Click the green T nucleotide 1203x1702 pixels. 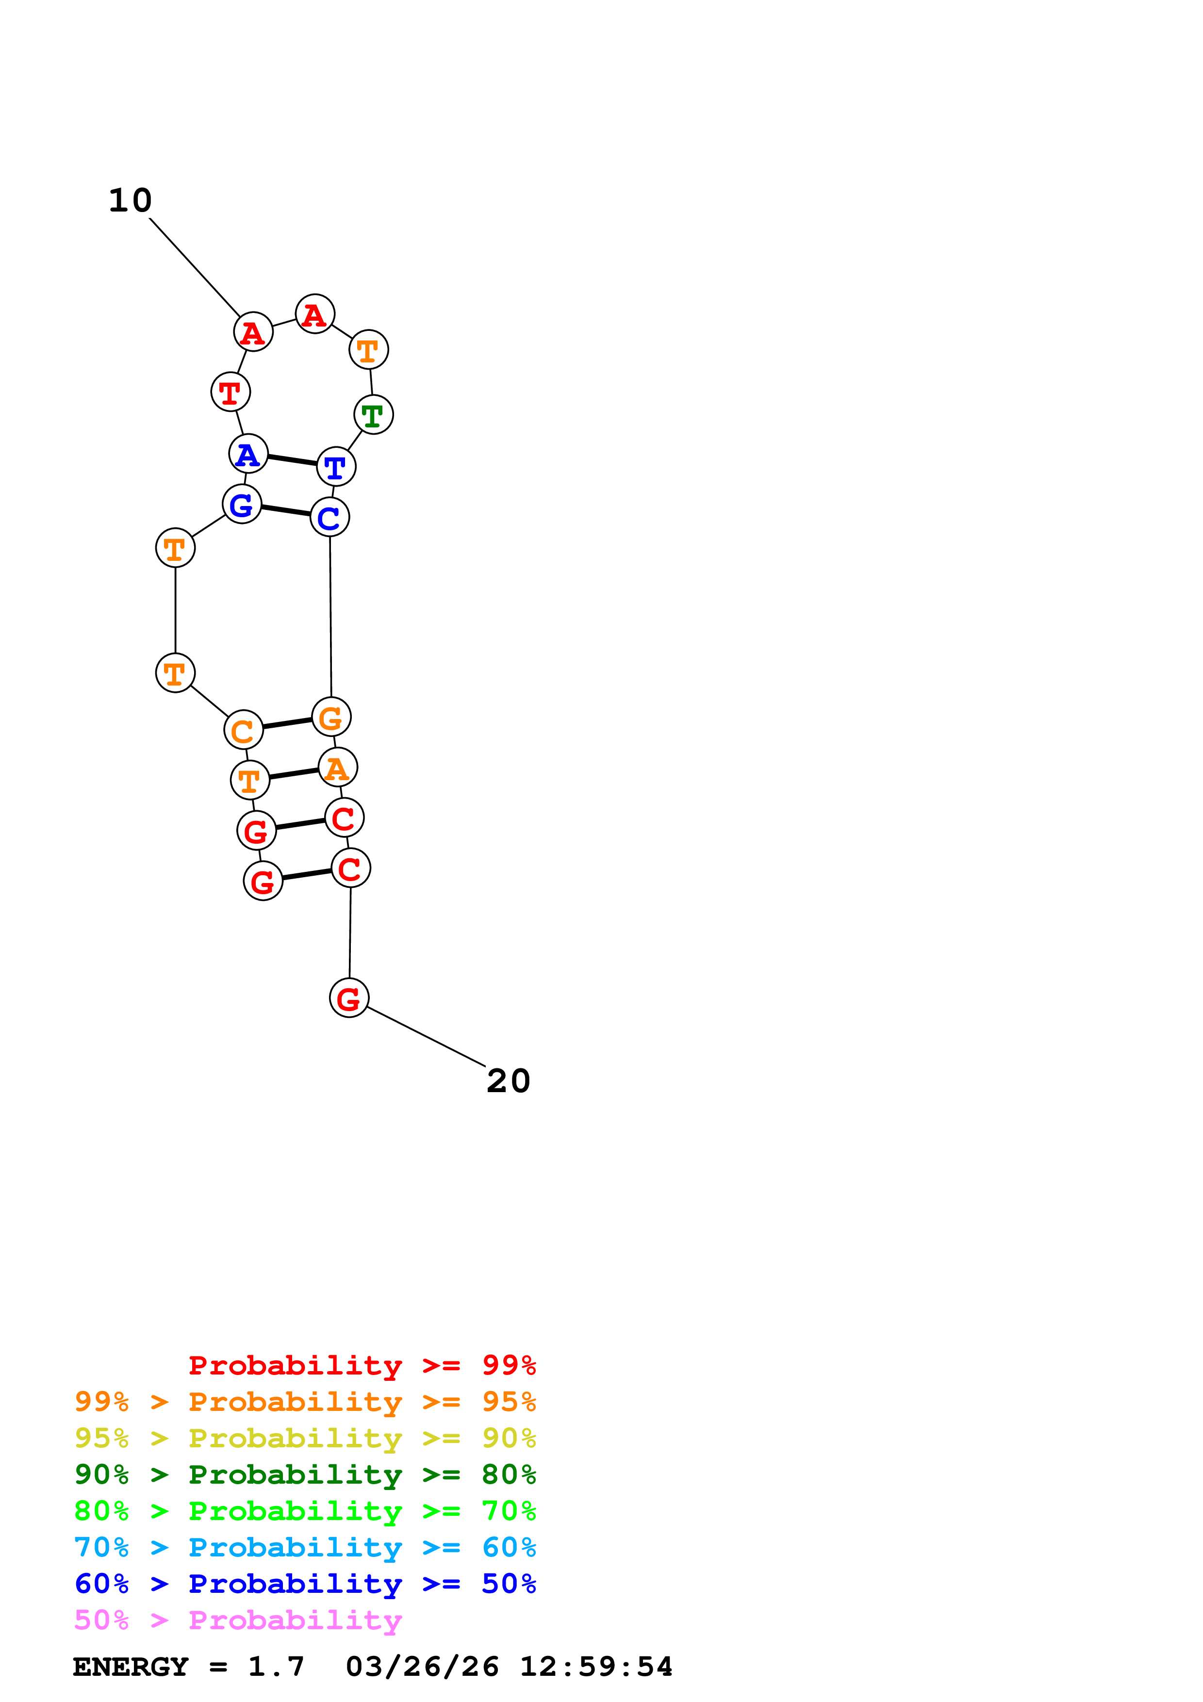[373, 415]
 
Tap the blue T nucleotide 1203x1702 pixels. [336, 467]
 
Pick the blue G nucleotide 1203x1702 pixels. [242, 504]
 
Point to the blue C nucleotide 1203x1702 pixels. [329, 517]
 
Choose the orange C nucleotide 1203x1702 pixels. [243, 730]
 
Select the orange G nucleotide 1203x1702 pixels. [330, 717]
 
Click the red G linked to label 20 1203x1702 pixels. [348, 998]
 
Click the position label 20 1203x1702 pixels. [509, 1081]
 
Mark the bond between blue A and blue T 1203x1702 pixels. [292, 460]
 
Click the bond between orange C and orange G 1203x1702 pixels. [287, 723]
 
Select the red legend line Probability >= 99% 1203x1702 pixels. [362, 1365]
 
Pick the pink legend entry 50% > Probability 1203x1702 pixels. [238, 1620]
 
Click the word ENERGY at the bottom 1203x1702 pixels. [131, 1667]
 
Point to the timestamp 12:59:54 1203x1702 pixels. [595, 1667]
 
